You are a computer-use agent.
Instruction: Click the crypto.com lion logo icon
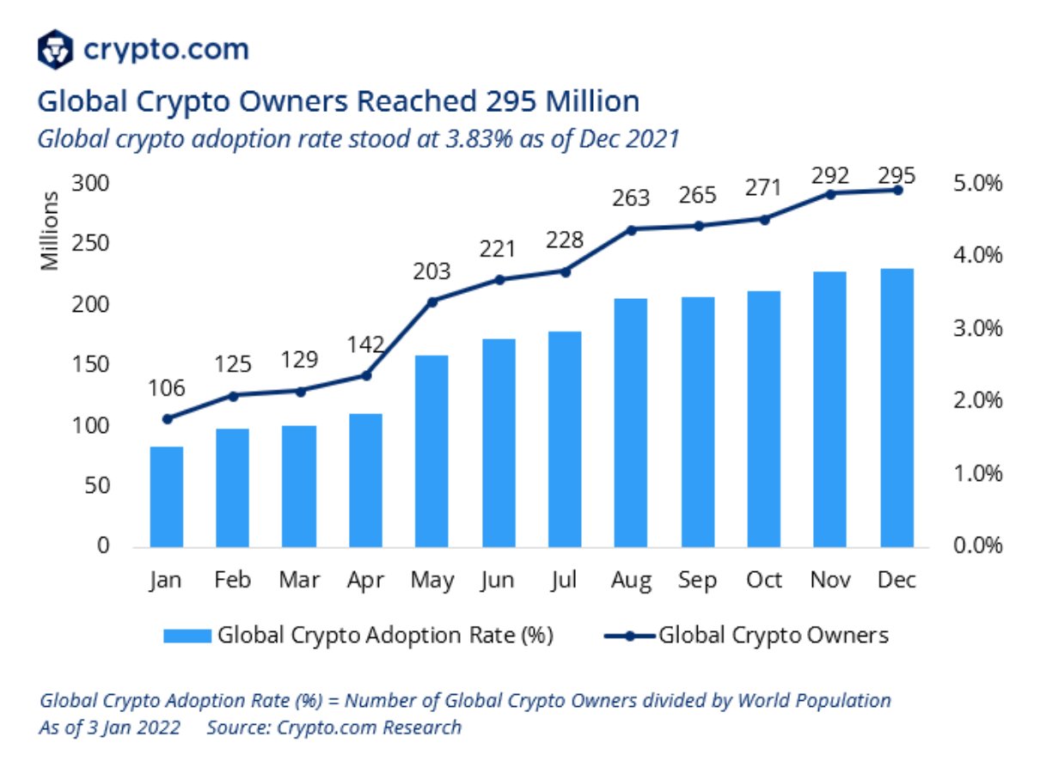[56, 49]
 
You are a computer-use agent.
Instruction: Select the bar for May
[432, 450]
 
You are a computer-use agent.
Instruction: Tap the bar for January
[167, 496]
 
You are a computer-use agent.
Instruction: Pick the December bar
[896, 407]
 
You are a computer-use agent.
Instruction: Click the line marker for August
[632, 229]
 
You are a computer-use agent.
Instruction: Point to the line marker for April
[366, 375]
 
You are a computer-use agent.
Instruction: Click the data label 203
[431, 271]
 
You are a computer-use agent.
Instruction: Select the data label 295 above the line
[896, 176]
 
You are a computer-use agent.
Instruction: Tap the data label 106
[167, 388]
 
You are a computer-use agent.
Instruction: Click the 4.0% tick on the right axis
[977, 256]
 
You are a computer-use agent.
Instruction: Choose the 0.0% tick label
[977, 545]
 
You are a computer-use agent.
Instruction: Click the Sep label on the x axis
[697, 581]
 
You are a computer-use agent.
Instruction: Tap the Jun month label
[499, 581]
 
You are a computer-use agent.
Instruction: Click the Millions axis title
[52, 230]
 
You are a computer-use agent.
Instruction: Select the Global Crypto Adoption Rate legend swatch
[187, 636]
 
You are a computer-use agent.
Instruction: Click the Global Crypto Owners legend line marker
[629, 636]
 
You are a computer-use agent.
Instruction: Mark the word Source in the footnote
[236, 727]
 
